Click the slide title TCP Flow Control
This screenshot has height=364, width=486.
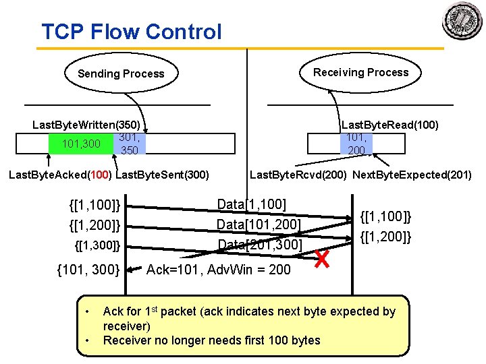132,32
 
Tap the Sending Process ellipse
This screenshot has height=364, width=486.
121,73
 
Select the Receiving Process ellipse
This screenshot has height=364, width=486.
360,72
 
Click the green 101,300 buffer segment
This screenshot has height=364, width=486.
81,144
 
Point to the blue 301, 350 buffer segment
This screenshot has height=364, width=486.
128,144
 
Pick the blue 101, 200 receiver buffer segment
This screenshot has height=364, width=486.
356,144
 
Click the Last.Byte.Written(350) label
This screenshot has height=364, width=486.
86,125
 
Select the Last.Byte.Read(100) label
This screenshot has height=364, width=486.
390,125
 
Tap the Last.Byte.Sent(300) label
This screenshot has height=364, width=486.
163,175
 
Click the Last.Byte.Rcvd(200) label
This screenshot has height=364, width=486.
298,175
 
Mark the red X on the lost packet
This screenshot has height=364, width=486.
323,257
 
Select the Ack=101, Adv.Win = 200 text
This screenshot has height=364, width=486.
219,270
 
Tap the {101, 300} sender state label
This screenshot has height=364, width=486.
88,270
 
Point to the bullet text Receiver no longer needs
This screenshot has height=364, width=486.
211,340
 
